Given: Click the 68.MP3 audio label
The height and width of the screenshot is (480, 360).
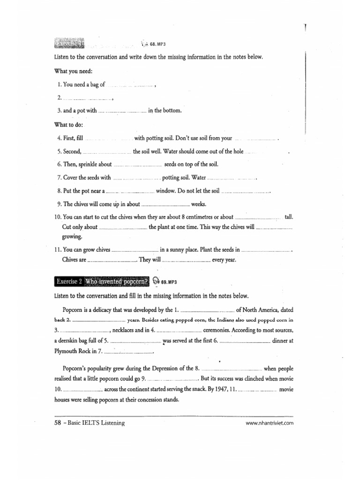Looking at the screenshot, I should (158, 44).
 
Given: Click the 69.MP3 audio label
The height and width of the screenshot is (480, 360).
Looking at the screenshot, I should (171, 282).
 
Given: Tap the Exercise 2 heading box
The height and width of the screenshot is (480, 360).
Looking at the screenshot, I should (102, 281).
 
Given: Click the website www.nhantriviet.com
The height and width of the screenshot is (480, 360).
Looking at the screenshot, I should (270, 423).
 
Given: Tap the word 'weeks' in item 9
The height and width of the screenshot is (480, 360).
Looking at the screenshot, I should (199, 204).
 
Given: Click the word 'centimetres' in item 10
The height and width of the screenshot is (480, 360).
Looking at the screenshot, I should (195, 217).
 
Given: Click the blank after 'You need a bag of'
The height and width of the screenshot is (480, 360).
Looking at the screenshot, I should (130, 85).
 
